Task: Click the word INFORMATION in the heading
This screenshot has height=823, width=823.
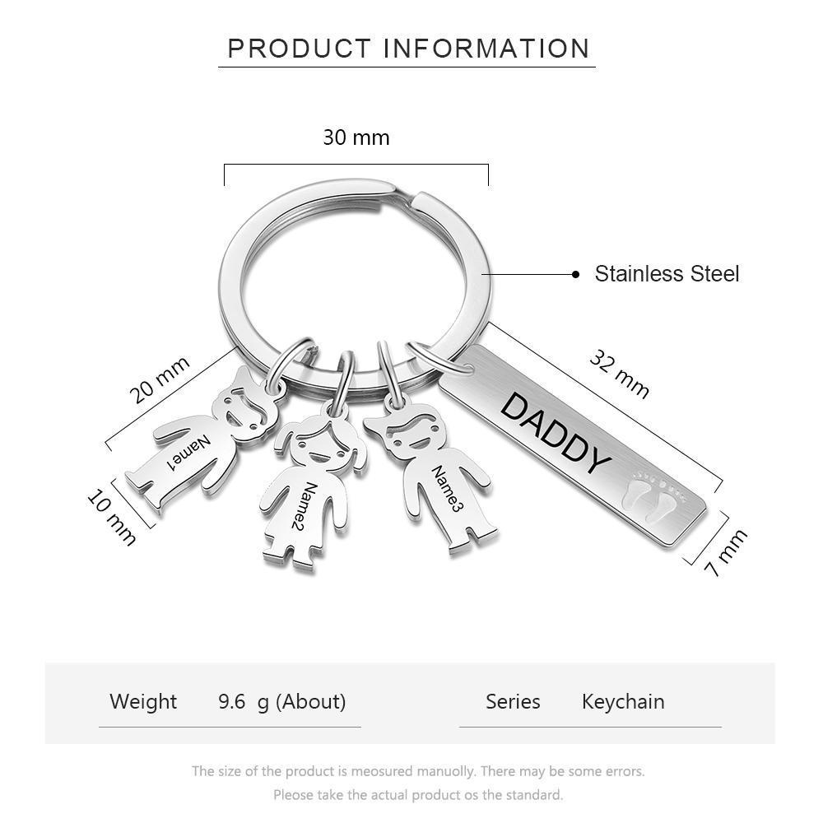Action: [x=486, y=49]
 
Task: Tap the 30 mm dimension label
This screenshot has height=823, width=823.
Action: [x=356, y=137]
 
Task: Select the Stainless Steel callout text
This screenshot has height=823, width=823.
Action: [x=667, y=273]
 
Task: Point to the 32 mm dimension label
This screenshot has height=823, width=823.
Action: [x=620, y=374]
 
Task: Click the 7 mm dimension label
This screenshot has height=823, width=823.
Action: [x=726, y=553]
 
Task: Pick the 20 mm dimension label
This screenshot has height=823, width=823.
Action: [x=160, y=380]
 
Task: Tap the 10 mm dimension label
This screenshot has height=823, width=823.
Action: [x=112, y=517]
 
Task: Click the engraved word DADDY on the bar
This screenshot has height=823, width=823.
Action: [x=556, y=433]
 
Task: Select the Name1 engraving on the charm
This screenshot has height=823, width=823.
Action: [x=188, y=453]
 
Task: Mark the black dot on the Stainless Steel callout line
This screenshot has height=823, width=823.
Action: [x=576, y=274]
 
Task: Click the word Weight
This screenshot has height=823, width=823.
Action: [x=143, y=701]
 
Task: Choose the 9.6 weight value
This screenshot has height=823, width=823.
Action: [x=232, y=701]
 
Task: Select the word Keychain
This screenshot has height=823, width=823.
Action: [x=623, y=702]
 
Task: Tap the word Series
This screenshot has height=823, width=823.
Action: [x=513, y=701]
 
